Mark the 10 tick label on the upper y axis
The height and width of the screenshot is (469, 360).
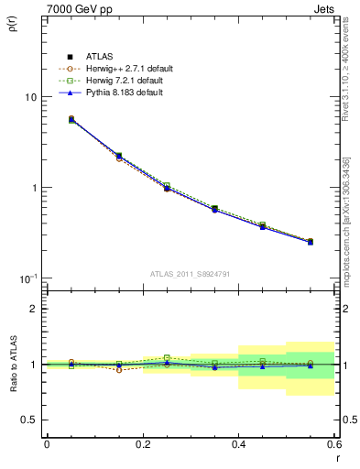30,97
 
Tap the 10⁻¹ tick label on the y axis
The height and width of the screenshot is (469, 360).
28,278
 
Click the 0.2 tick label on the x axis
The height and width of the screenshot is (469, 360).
142,443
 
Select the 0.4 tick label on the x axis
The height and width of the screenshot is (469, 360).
238,443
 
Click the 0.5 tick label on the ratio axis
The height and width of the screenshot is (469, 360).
28,420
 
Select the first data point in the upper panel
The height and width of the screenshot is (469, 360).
71,119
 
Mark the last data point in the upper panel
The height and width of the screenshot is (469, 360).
311,242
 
